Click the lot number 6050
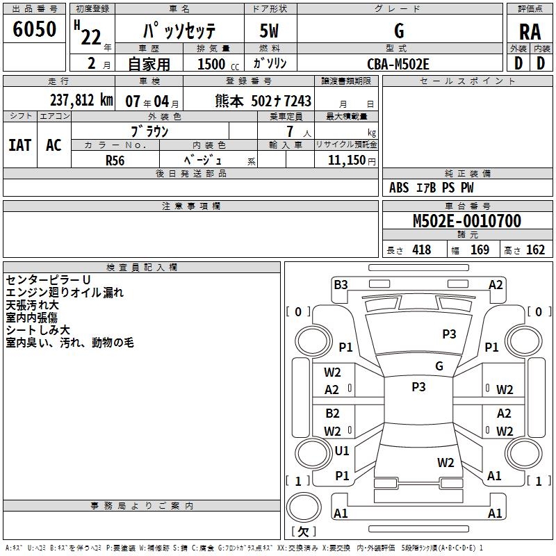35,29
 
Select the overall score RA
530,31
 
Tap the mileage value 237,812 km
82,100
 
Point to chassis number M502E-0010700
466,221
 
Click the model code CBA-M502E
398,64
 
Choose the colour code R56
115,160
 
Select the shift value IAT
20,145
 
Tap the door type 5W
268,31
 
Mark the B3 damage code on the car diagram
341,284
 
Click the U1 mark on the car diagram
342,451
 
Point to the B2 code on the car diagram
333,414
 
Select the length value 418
421,250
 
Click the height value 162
535,250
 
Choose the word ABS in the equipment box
399,188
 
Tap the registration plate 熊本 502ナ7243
263,101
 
